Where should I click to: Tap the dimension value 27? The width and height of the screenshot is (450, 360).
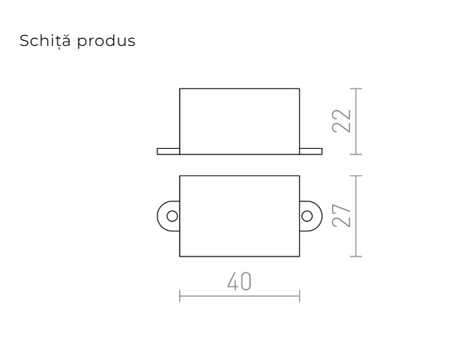(x=342, y=215)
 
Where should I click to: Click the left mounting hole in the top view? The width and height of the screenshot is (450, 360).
(x=171, y=215)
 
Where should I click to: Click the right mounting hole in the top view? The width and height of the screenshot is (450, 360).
(x=308, y=215)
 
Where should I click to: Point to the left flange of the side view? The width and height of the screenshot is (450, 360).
(x=167, y=151)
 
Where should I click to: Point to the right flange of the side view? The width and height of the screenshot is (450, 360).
(x=311, y=151)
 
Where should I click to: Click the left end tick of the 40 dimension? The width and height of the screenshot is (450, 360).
(x=179, y=294)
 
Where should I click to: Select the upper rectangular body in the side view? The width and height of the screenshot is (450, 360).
(x=239, y=120)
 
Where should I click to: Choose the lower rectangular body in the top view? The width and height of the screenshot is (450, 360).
(x=239, y=215)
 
